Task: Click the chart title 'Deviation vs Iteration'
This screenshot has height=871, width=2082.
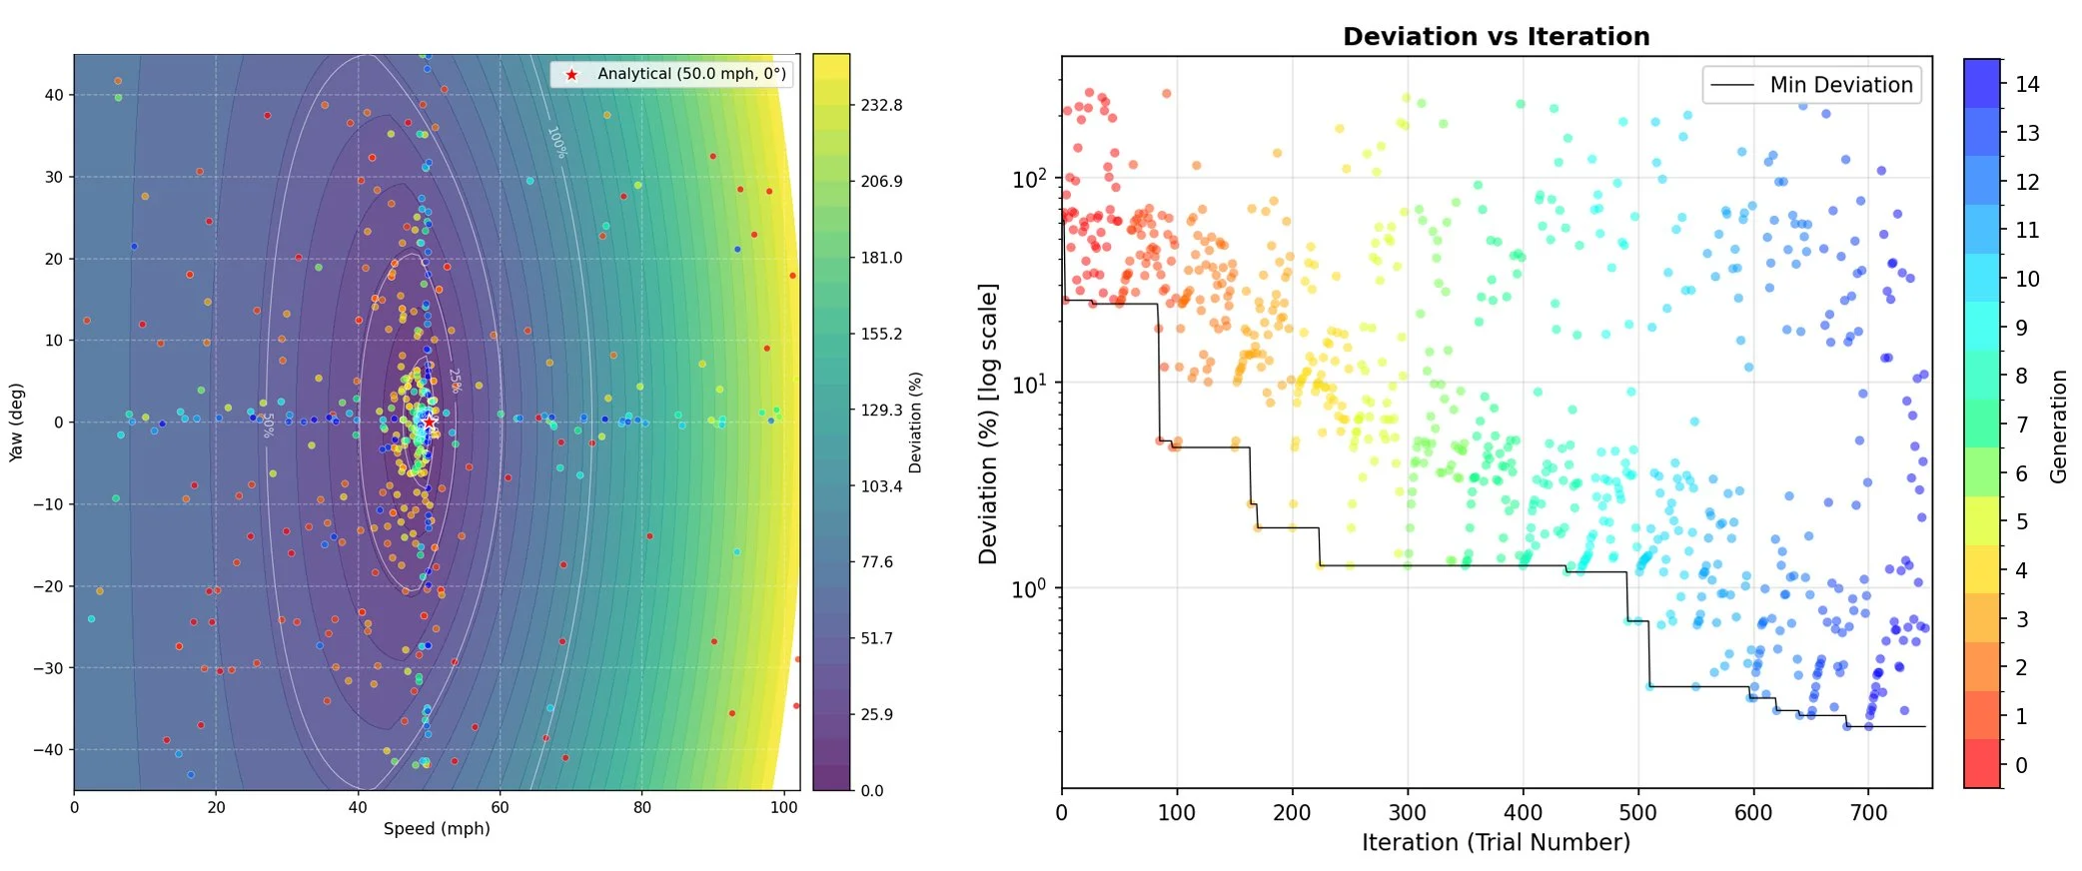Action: click(x=1496, y=37)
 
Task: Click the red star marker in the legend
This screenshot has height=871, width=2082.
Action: click(x=571, y=74)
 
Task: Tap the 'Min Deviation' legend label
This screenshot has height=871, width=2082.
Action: click(x=1840, y=85)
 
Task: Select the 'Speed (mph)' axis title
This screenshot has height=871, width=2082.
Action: click(x=437, y=828)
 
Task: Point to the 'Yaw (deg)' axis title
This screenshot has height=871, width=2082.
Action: click(x=16, y=422)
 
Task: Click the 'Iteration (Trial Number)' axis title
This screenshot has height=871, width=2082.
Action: click(x=1496, y=842)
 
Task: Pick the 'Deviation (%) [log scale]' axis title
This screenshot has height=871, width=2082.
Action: click(x=988, y=424)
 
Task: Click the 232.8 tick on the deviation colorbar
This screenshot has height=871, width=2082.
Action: click(x=881, y=105)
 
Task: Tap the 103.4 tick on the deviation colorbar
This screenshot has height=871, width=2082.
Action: click(x=881, y=486)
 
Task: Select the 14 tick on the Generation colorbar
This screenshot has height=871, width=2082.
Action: click(x=2027, y=85)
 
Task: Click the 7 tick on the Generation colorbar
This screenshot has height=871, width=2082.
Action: click(x=2021, y=425)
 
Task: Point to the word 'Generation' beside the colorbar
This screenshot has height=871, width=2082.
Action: click(x=2058, y=427)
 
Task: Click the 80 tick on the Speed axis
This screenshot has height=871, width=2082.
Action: click(x=641, y=807)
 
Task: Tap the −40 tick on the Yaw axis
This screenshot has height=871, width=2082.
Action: click(x=48, y=749)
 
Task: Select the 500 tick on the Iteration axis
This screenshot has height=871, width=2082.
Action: click(x=1637, y=813)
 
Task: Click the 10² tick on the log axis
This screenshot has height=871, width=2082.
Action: click(x=1029, y=179)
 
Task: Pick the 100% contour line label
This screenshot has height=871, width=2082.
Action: click(x=556, y=142)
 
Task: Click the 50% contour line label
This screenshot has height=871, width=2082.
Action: click(x=268, y=426)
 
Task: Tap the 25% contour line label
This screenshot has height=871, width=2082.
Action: click(x=455, y=381)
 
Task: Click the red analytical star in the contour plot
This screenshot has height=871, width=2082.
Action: click(x=429, y=422)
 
